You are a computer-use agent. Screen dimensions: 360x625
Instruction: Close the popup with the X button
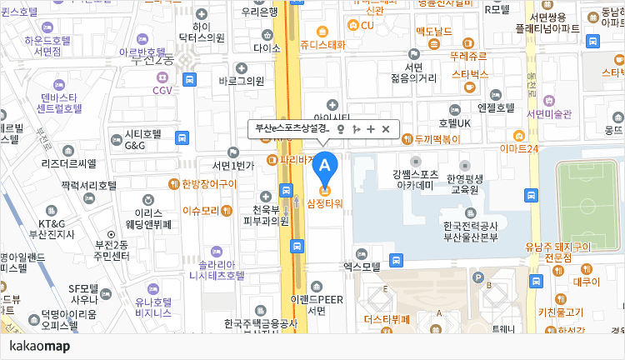pyautogui.click(x=386, y=129)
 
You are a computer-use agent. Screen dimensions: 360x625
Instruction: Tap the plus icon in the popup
pyautogui.click(x=371, y=129)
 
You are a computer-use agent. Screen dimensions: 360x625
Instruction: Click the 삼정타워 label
pyautogui.click(x=325, y=203)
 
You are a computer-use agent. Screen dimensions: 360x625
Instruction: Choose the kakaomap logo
pyautogui.click(x=39, y=346)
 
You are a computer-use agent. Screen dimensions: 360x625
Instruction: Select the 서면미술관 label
pyautogui.click(x=550, y=114)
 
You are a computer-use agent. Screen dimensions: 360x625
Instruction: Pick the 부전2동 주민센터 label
pyautogui.click(x=112, y=249)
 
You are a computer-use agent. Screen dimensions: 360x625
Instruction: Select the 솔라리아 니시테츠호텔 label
pyautogui.click(x=217, y=268)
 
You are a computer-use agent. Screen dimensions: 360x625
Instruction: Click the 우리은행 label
pyautogui.click(x=259, y=12)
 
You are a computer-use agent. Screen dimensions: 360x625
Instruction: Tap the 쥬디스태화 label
pyautogui.click(x=322, y=44)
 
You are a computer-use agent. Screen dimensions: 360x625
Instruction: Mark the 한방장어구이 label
pyautogui.click(x=203, y=183)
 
